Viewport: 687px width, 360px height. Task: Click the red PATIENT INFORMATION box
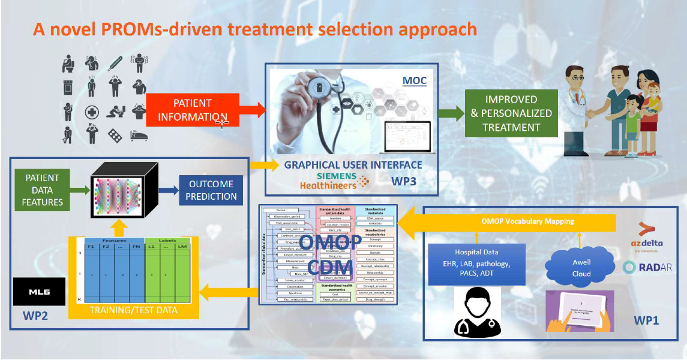pos(192,110)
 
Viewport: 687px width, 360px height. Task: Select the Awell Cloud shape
pos(581,268)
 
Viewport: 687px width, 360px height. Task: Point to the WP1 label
pos(646,321)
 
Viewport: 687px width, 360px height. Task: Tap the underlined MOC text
pos(414,80)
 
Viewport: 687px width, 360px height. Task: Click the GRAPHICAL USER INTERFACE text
pos(353,165)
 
